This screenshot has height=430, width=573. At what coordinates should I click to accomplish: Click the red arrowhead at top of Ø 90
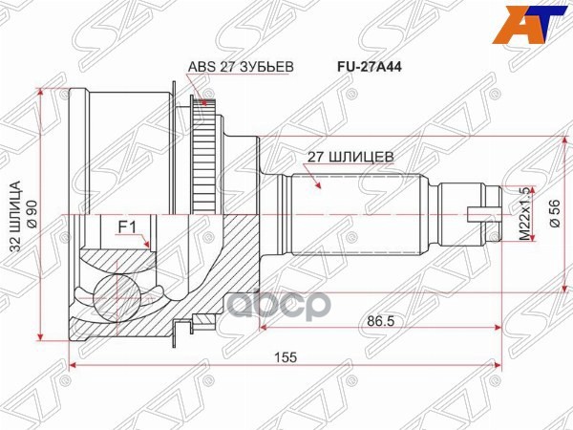(42, 92)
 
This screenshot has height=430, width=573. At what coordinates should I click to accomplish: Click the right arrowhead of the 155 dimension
(499, 365)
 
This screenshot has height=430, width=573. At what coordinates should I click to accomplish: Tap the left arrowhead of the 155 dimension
(74, 365)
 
